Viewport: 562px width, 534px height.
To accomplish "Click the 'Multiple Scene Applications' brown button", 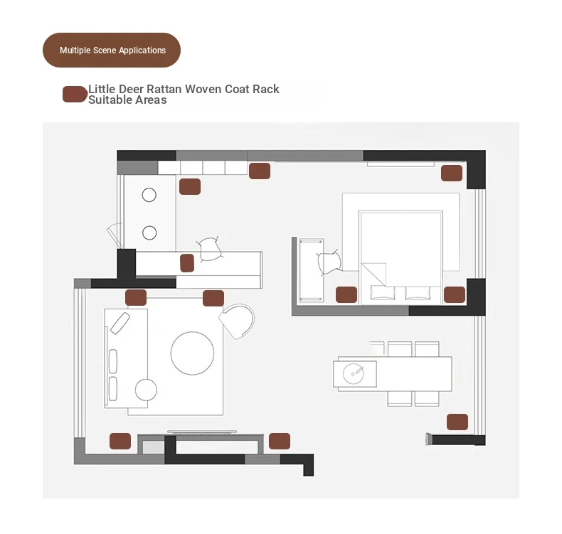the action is coord(112,50).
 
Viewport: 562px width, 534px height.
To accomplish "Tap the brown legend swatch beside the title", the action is coord(75,94).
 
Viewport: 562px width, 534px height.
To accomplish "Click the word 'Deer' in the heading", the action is coord(131,89).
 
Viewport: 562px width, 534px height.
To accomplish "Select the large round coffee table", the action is coord(193,353).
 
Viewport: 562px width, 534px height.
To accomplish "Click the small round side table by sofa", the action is coord(146,390).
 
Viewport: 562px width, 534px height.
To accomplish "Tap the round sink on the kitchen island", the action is coord(354,373).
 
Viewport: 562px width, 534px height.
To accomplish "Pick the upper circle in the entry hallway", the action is coord(149,196).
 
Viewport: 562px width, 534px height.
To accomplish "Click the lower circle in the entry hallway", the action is coord(149,233).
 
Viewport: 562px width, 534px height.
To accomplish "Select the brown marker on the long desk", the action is coord(187,263).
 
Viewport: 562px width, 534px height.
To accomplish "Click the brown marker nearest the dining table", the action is coord(457,422).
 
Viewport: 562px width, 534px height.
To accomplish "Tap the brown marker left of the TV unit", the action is coord(120,441).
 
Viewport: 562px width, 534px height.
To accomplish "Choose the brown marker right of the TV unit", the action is coord(280,441).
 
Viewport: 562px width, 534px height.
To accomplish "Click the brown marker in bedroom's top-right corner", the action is coord(452,173).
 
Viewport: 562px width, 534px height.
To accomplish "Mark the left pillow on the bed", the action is coord(383,293).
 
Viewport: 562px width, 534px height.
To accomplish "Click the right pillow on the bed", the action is coord(418,293).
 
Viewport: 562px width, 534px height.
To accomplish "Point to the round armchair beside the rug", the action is coord(238,321).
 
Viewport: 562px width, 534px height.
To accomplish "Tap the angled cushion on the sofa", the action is coord(120,323).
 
